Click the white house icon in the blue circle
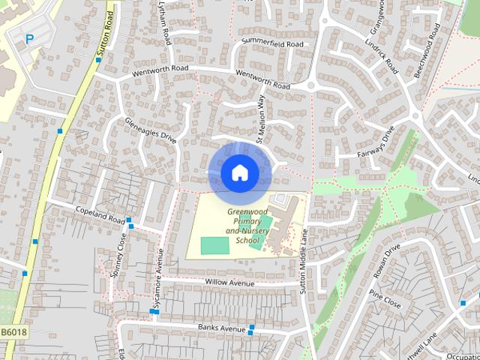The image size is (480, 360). [x=239, y=173]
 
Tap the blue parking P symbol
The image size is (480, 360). [x=30, y=39]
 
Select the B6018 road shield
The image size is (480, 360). [x=13, y=331]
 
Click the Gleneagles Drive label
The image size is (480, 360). [x=151, y=129]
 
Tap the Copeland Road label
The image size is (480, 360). [x=100, y=215]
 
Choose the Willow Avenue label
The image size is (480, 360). [x=229, y=283]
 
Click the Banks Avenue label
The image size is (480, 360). [x=222, y=328]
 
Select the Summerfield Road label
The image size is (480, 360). [x=271, y=44]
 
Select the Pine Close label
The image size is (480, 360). [x=385, y=301]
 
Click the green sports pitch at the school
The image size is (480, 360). [x=214, y=245]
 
